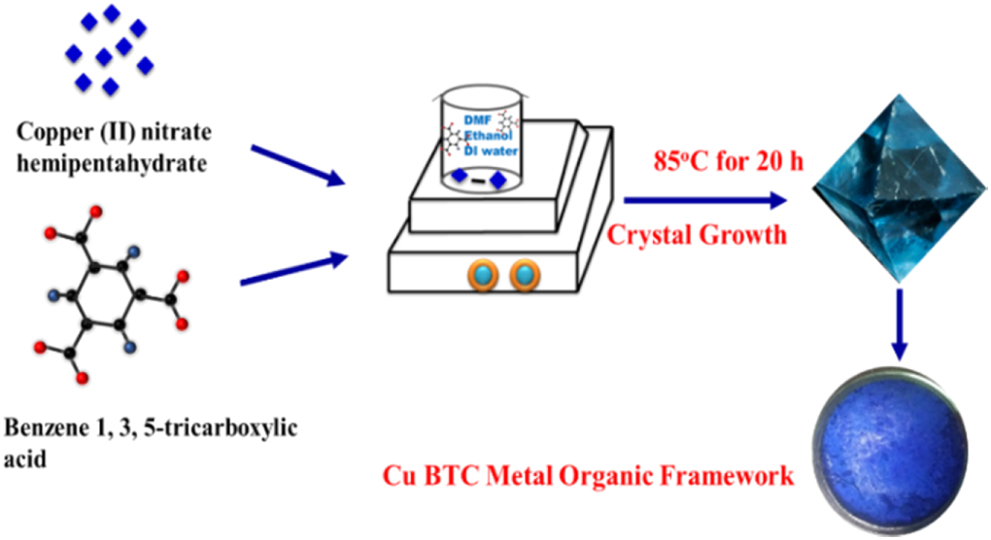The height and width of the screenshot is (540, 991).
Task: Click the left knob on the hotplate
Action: click(x=483, y=275)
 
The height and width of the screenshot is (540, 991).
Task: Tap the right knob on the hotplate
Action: click(x=524, y=275)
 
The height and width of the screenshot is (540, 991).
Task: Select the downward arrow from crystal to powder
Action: click(x=899, y=325)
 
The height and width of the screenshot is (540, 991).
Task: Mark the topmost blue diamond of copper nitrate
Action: click(x=112, y=13)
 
